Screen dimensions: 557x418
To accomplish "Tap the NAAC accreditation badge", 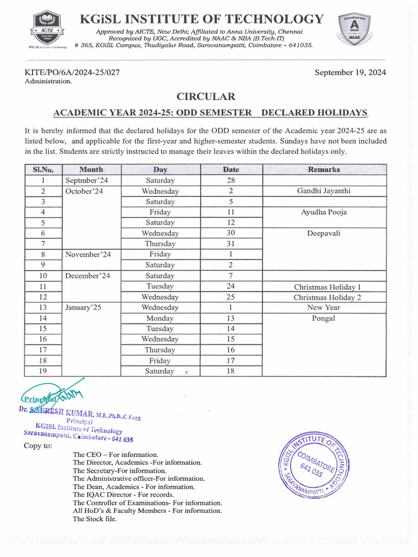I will [x=355, y=30].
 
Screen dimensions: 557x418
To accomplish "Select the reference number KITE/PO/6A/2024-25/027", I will [x=72, y=72].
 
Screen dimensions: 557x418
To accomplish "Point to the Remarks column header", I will [x=324, y=170].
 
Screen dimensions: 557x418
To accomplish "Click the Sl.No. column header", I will [x=43, y=170].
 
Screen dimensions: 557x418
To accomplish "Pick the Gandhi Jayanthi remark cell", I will [x=324, y=191].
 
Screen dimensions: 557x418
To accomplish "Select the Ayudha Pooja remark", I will [x=324, y=212].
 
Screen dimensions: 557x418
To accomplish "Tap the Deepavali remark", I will [x=324, y=233].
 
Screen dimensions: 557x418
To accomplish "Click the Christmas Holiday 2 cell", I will [x=327, y=297].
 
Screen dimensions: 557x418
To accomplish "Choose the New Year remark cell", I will [x=324, y=307].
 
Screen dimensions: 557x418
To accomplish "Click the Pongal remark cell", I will [x=323, y=318].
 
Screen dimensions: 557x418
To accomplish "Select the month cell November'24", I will [x=87, y=255].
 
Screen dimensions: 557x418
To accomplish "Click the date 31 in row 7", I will [x=231, y=244].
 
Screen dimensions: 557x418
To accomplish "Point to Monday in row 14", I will [x=160, y=318].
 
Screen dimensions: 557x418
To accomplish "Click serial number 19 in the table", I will [x=43, y=371].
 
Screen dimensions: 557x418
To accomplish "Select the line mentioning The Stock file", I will [x=95, y=519].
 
